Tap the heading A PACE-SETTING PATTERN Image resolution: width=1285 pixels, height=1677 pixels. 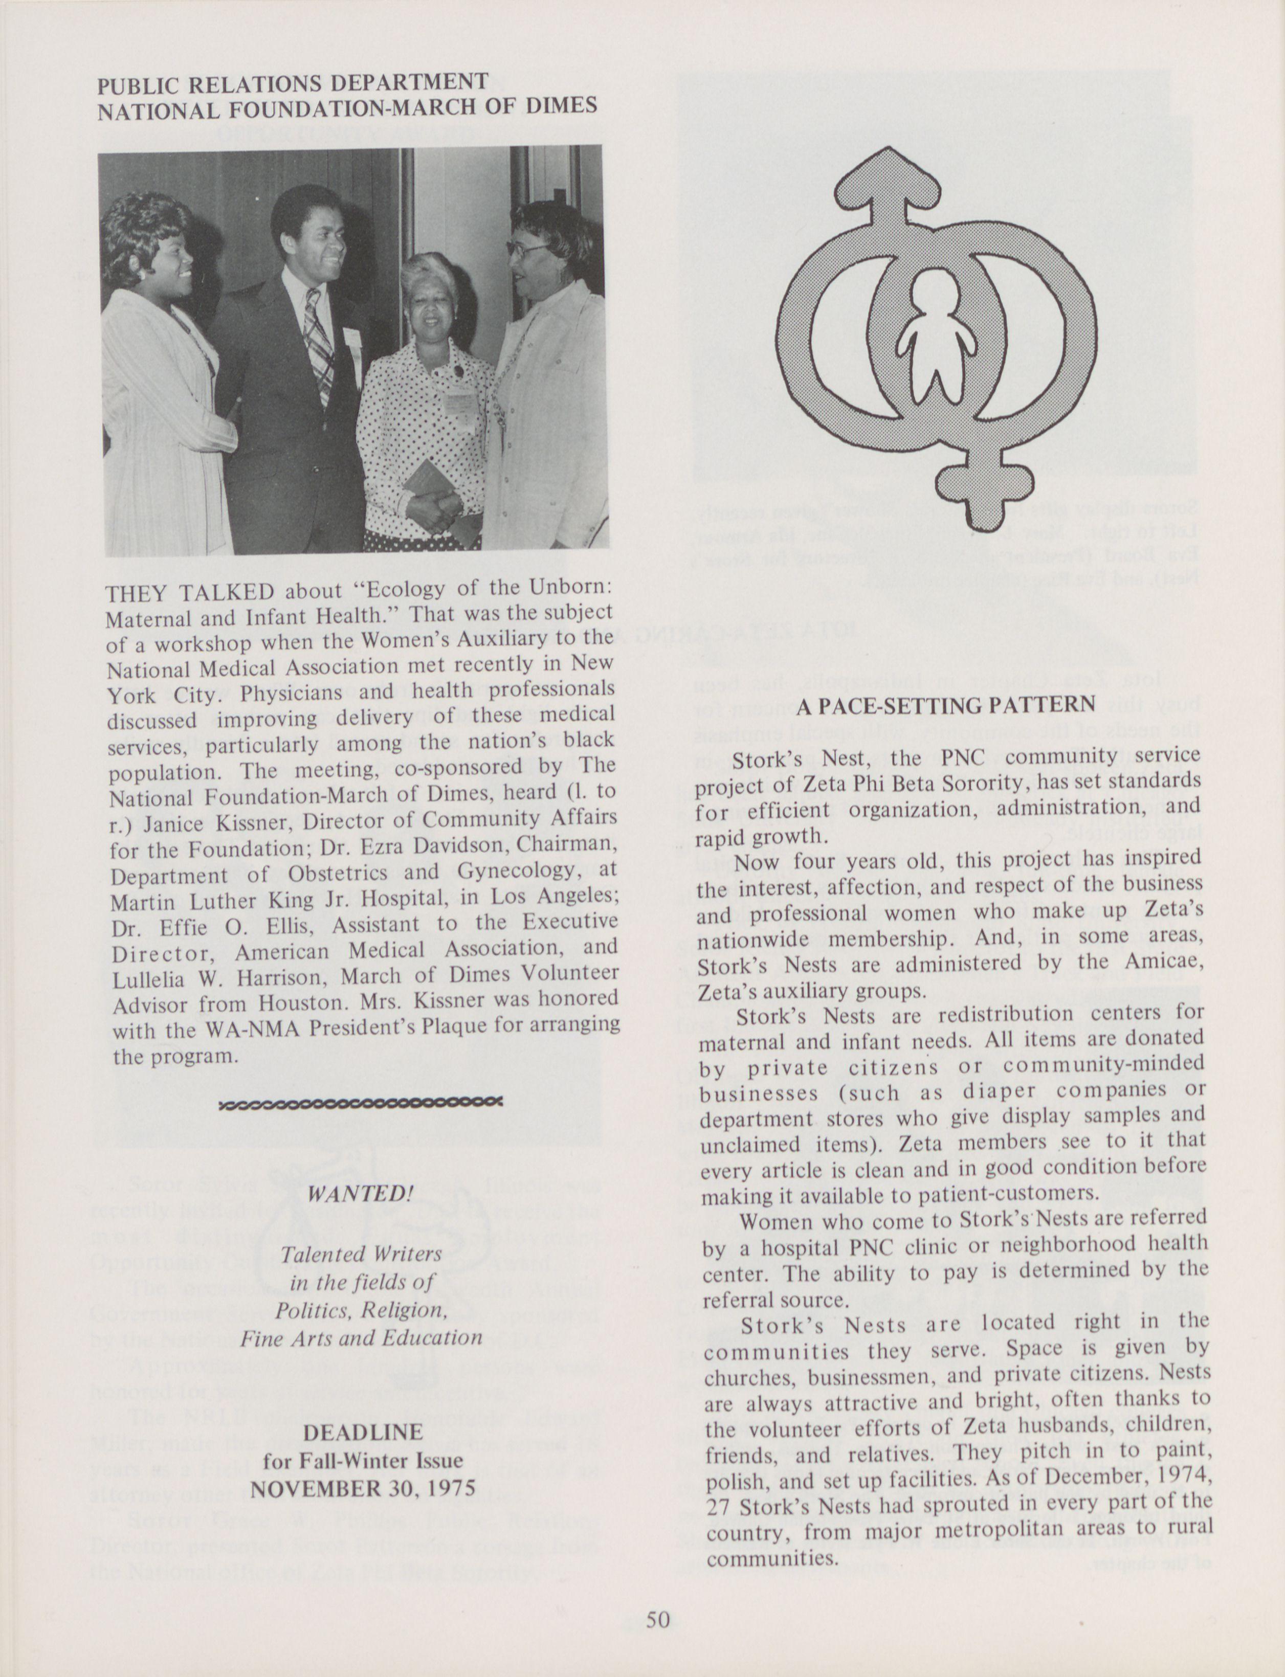tap(946, 706)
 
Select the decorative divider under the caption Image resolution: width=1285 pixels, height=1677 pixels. tap(360, 1103)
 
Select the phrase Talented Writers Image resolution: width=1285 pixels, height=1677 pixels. tap(361, 1254)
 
